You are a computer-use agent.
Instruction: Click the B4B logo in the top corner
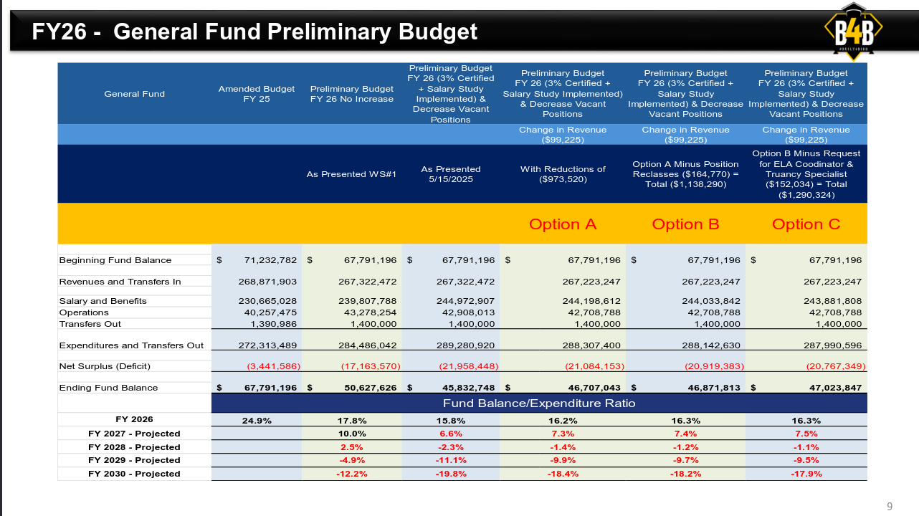click(x=852, y=31)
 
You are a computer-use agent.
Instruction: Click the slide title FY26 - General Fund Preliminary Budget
click(x=254, y=32)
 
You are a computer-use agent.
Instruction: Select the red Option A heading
click(x=563, y=224)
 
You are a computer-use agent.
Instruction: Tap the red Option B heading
click(x=685, y=224)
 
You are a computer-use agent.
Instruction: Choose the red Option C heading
click(x=806, y=224)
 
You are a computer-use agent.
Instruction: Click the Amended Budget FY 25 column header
click(x=257, y=94)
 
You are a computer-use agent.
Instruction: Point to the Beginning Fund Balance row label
click(x=115, y=260)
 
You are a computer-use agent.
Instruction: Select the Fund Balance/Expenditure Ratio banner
click(x=539, y=403)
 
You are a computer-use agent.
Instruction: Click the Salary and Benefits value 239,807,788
click(x=367, y=301)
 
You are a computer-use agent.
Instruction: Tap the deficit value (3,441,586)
click(x=273, y=366)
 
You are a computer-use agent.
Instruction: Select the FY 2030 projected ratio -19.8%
click(x=451, y=474)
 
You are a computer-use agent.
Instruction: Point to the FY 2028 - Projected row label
click(x=134, y=447)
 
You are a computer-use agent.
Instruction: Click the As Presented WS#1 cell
click(x=351, y=174)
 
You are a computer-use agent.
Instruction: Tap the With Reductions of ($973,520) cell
click(x=563, y=174)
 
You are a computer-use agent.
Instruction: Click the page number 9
click(x=890, y=507)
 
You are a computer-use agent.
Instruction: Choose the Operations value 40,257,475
click(x=267, y=312)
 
